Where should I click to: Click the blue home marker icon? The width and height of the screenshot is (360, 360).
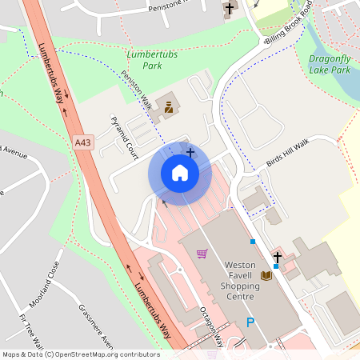point(179,173)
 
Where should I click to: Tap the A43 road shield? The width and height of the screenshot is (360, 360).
point(81,142)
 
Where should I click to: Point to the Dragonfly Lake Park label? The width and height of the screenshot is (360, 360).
point(330,64)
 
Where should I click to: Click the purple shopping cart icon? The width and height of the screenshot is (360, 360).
point(202,254)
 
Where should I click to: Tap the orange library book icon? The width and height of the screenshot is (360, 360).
point(266,275)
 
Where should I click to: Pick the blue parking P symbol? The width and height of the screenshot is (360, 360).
point(250,322)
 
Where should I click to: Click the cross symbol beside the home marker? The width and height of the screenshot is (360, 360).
point(190,151)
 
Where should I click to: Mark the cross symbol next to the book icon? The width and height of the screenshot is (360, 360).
point(278,257)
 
